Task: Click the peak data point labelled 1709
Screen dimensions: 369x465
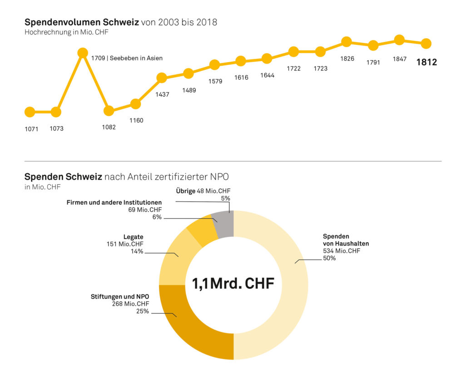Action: [83, 53]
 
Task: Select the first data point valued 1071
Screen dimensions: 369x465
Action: [30, 112]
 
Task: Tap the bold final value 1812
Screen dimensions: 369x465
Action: [426, 63]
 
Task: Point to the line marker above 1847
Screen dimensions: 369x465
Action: [399, 40]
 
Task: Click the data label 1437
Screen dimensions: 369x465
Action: [163, 94]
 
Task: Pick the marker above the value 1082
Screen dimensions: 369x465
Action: [109, 110]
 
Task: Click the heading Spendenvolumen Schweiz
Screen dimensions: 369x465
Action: [81, 22]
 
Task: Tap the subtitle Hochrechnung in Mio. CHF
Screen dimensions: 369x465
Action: [66, 32]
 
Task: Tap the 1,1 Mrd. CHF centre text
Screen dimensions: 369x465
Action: [233, 284]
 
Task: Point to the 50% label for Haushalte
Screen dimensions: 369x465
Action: [329, 258]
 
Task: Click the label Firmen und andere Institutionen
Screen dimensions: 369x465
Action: [114, 202]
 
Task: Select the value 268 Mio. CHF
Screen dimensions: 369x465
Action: [130, 304]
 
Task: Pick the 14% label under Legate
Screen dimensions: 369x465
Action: [137, 251]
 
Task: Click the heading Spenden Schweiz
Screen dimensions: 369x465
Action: [63, 177]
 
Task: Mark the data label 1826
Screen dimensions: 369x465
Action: [347, 59]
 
